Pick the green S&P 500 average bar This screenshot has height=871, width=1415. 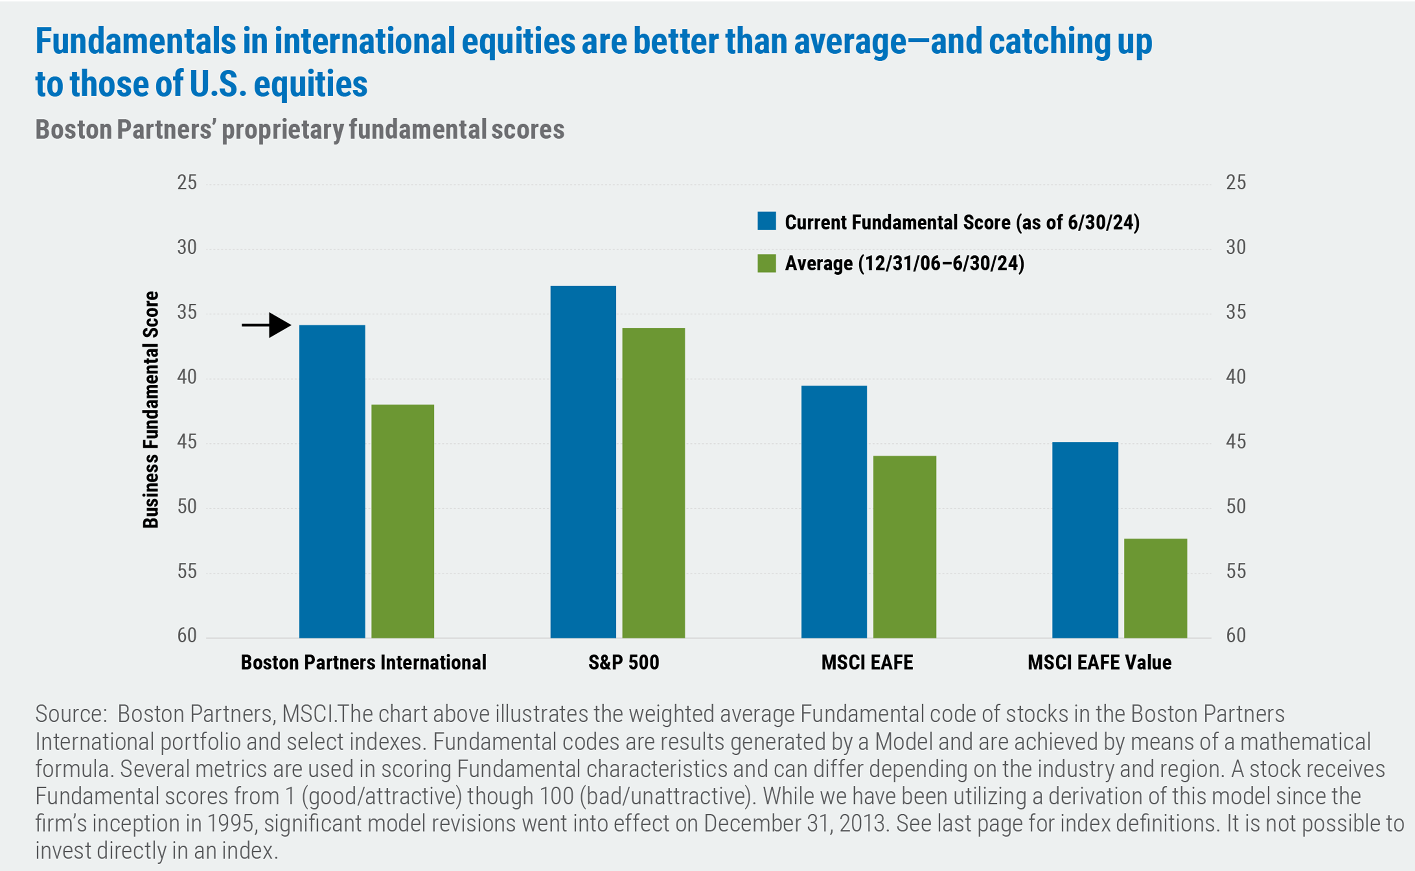point(654,483)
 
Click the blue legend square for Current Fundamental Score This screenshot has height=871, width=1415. point(766,221)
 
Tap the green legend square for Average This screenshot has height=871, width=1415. point(766,263)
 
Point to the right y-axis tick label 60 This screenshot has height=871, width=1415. point(1236,635)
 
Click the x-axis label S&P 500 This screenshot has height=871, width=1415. point(624,662)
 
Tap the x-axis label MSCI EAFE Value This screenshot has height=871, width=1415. point(1099,662)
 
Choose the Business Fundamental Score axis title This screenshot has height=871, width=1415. point(150,410)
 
